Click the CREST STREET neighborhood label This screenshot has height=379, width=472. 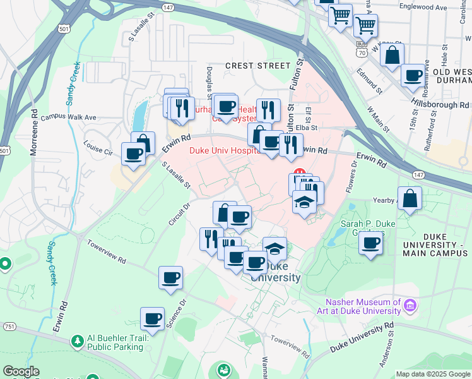257,66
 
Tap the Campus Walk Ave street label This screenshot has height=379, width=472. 68,117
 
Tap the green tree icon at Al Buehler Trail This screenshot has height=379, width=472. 78,342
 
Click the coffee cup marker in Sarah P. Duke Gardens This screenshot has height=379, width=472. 372,243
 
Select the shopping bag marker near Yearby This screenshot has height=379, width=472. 410,198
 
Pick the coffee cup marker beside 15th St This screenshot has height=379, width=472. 413,75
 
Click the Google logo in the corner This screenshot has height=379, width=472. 20,371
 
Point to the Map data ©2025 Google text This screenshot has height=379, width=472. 432,374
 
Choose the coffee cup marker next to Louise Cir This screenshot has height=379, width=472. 134,154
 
